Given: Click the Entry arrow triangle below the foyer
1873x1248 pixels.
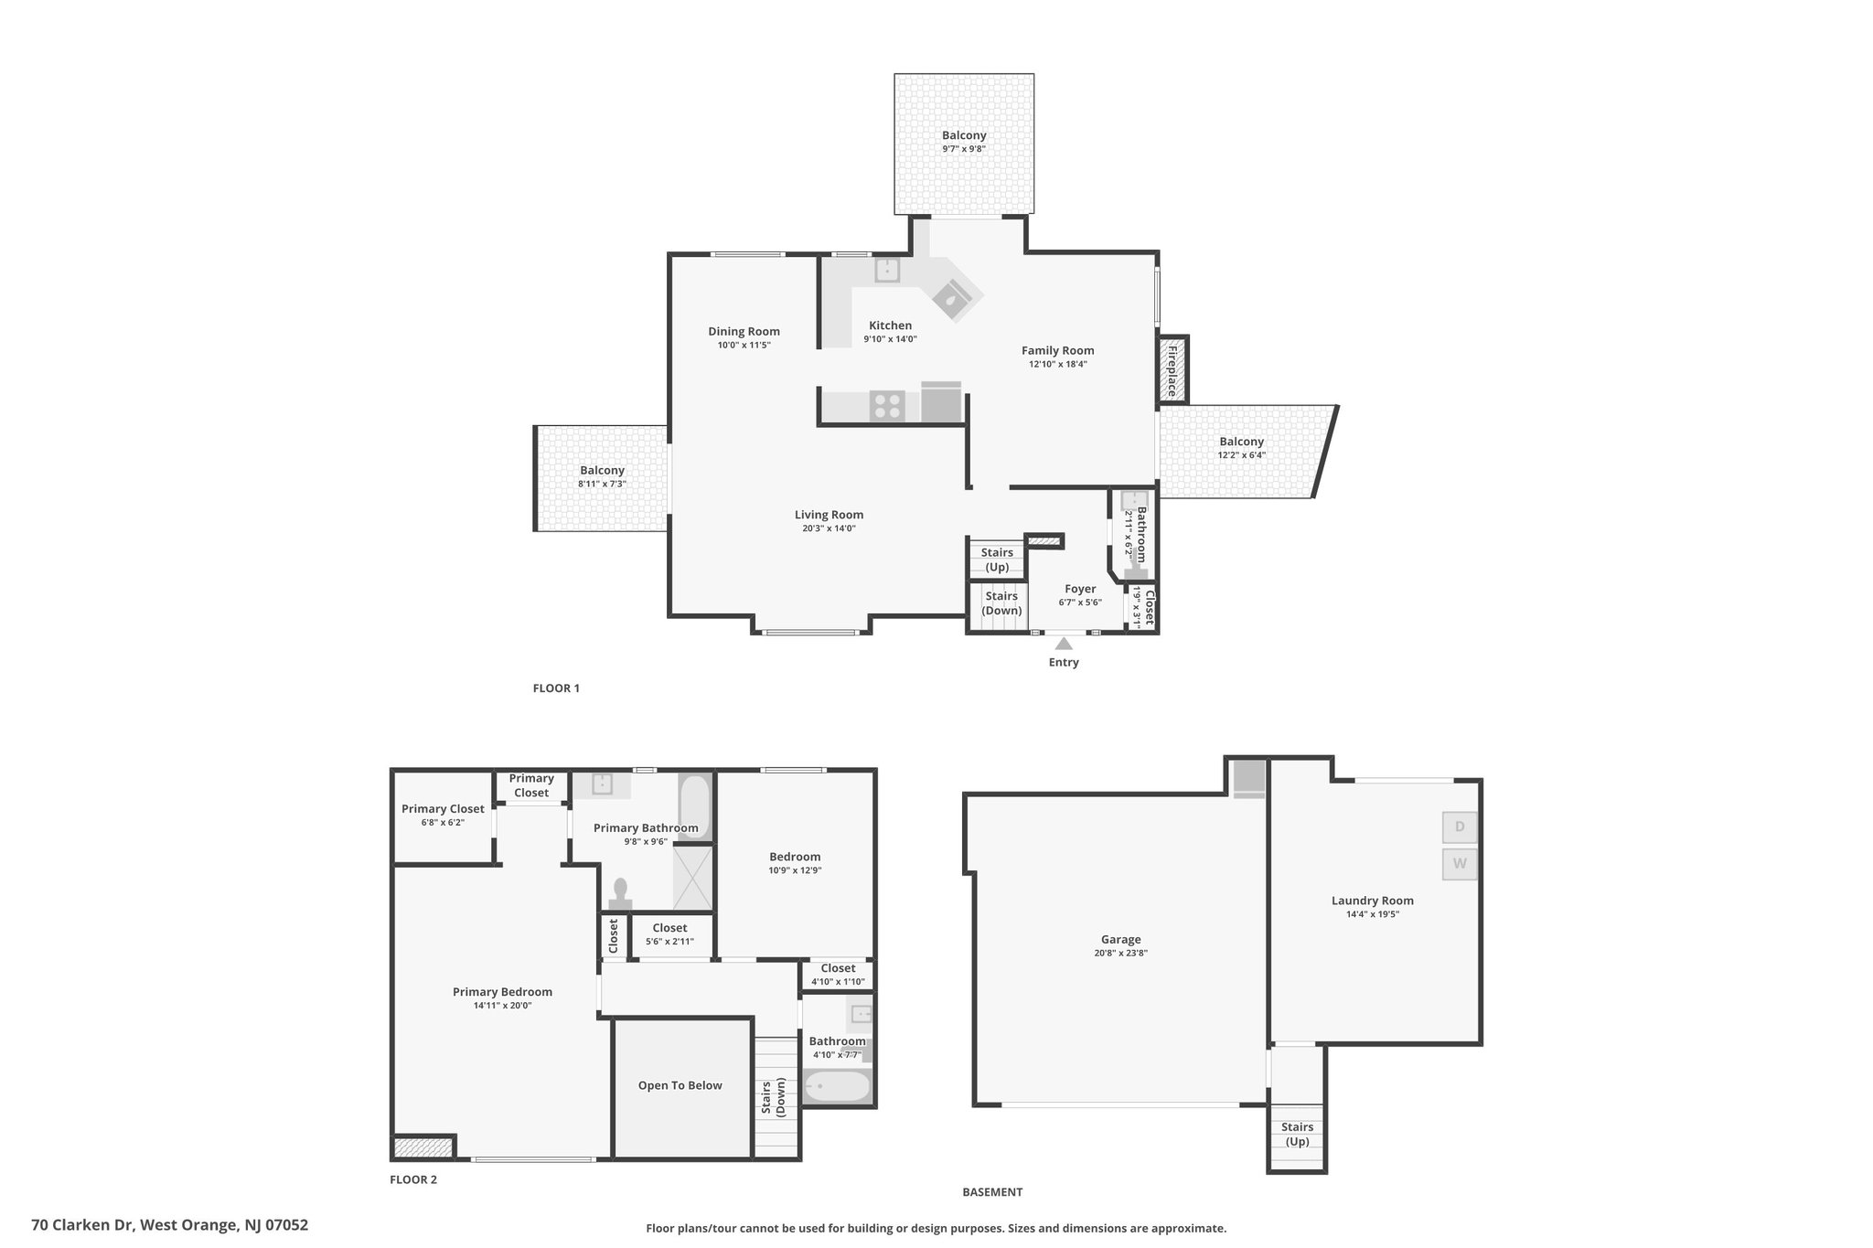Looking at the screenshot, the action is (1064, 644).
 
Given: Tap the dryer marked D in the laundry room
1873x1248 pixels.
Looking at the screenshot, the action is (1460, 827).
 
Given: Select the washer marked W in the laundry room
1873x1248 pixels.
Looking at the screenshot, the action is (1460, 864).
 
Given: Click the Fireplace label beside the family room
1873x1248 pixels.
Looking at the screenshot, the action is (1172, 369).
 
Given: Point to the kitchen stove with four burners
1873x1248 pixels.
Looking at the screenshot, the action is (886, 405).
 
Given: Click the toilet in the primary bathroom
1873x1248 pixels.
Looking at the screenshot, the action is (621, 894).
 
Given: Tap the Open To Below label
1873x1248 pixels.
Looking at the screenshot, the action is (680, 1085).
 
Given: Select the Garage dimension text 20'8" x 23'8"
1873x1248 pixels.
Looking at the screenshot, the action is (1121, 953).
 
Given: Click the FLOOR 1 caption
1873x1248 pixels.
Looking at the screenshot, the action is (556, 688).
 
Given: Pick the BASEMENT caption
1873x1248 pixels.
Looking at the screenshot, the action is (992, 1192).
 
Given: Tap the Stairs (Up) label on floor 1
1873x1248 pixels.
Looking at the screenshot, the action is (997, 560).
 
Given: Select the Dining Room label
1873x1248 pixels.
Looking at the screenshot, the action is (744, 332).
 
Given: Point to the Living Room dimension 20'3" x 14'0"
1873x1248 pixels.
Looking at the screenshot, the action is (825, 528).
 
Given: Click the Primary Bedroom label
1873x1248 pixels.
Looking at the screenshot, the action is (503, 992).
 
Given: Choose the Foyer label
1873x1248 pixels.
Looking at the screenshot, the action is (1080, 589).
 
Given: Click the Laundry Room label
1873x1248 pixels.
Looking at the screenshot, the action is (1372, 901).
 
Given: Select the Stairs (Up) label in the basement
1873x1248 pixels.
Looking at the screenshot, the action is (1297, 1135).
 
